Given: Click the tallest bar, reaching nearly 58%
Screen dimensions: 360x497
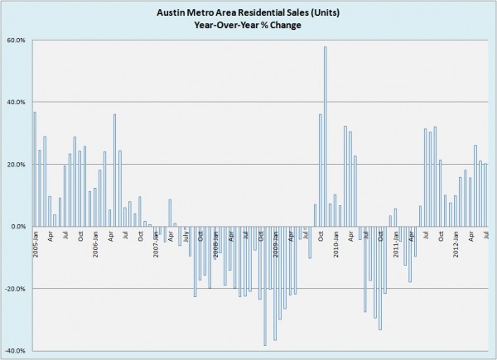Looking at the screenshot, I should coord(325,137).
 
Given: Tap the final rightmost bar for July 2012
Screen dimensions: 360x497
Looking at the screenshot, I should coord(485,195).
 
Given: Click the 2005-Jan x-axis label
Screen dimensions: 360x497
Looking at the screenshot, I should coord(36,243).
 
